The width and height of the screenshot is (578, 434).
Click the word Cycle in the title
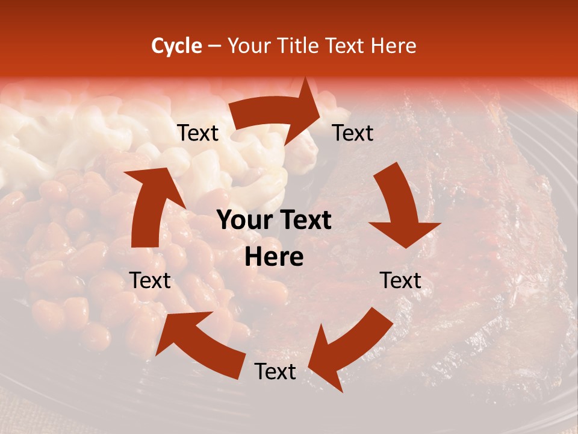(x=176, y=46)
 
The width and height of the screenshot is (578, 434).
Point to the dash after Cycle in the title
(x=214, y=47)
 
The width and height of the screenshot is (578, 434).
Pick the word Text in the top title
(x=344, y=46)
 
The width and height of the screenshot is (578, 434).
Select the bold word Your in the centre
(x=242, y=221)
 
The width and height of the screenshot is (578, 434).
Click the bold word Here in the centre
(x=274, y=257)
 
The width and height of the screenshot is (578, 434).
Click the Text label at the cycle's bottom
(x=275, y=372)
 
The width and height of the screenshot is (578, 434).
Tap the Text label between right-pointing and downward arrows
(x=353, y=133)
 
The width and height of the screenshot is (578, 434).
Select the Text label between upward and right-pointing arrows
(x=197, y=133)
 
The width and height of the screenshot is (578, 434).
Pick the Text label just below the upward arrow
(x=150, y=280)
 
